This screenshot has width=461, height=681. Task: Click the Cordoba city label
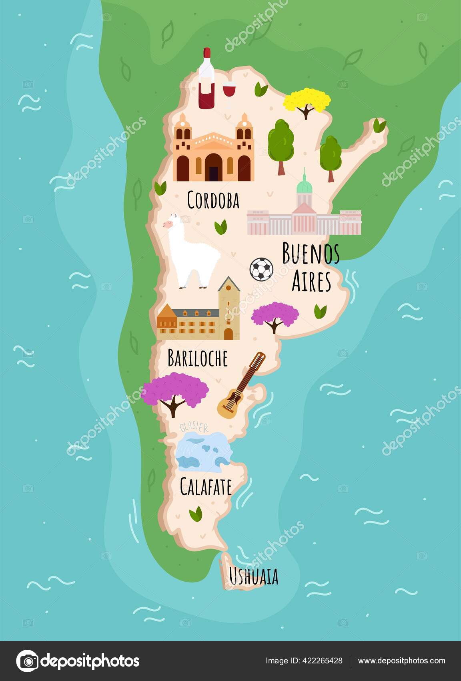click(x=213, y=200)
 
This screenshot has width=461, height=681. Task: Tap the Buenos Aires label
click(x=311, y=266)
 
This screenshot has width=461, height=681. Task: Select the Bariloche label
click(x=197, y=358)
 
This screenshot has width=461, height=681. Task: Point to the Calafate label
click(x=206, y=487)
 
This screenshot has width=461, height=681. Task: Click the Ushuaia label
click(x=253, y=577)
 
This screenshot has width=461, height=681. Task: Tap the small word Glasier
click(x=194, y=427)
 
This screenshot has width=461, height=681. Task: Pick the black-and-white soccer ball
click(x=261, y=269)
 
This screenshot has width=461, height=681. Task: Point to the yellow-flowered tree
click(x=307, y=102)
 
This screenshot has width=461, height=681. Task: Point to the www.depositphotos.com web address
click(x=401, y=661)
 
